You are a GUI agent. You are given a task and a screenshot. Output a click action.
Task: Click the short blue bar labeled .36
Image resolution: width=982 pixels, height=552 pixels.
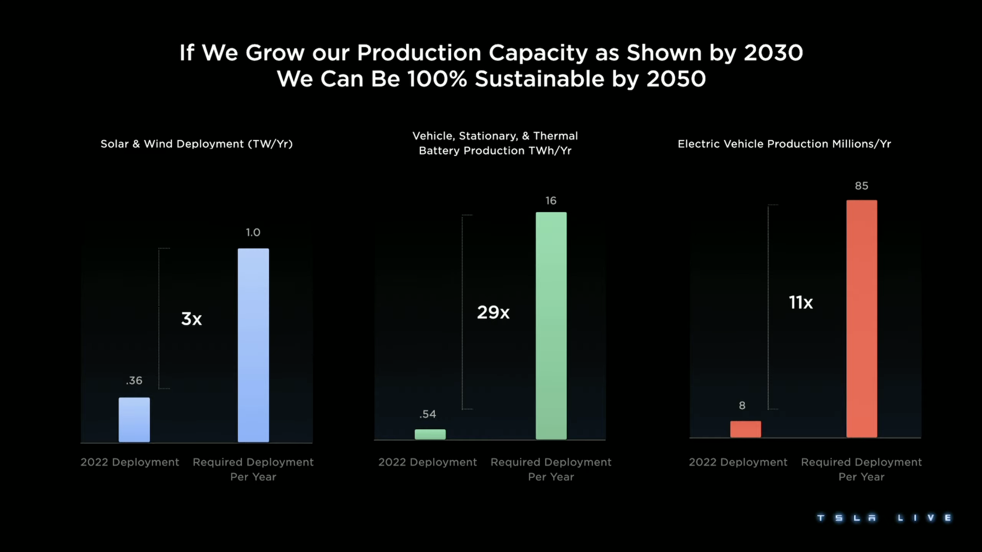134,420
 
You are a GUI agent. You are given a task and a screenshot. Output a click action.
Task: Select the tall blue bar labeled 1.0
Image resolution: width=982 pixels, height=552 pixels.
253,345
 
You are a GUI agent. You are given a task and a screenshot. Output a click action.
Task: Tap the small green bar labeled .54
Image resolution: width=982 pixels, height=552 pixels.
430,434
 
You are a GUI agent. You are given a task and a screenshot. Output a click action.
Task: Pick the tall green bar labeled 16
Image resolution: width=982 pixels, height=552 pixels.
551,325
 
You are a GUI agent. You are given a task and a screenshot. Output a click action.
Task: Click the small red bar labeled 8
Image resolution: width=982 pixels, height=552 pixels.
745,429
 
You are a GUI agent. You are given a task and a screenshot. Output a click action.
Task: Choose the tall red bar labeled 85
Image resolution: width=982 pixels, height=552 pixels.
862,318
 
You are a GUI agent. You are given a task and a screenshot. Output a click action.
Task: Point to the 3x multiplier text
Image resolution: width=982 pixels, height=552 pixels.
191,319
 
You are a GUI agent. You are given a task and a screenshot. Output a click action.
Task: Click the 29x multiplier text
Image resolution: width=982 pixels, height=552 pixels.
493,312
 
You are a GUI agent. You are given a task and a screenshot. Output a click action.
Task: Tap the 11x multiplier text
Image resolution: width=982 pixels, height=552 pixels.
801,302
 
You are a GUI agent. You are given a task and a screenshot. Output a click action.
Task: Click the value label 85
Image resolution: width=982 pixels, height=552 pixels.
862,186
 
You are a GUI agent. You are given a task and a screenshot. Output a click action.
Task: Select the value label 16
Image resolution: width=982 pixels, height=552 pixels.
551,201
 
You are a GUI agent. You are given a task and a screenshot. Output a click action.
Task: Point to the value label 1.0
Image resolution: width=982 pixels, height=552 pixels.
253,233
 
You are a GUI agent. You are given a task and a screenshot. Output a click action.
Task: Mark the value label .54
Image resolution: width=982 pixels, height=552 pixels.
428,414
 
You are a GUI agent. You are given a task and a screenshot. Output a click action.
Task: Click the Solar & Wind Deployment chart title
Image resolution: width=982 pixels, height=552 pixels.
196,144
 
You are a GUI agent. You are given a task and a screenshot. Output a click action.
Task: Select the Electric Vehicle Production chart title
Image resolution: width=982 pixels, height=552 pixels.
784,144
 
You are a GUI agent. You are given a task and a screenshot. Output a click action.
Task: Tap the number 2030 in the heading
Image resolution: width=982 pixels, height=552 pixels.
773,53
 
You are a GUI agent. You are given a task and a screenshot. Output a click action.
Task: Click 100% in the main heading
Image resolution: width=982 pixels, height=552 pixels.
437,79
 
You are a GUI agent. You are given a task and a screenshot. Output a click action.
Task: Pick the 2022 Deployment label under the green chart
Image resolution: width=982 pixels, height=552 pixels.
427,462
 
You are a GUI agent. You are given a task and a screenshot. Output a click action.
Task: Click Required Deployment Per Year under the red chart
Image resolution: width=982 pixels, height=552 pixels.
861,469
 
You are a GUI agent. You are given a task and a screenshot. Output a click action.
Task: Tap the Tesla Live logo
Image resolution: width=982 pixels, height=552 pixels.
884,518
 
